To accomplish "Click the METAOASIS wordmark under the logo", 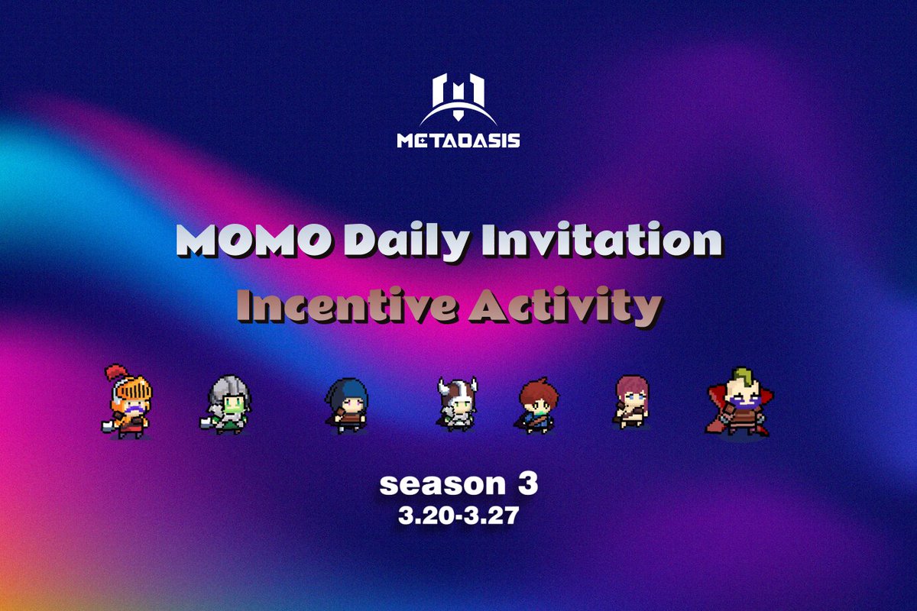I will [458, 141].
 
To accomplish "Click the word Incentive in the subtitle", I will [345, 307].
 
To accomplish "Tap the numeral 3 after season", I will [527, 483].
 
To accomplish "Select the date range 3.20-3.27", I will [458, 516].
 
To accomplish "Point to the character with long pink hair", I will [633, 401].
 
